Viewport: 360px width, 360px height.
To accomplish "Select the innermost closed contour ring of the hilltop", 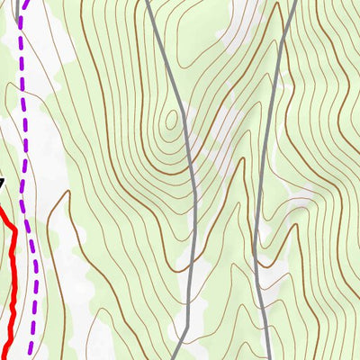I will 172,120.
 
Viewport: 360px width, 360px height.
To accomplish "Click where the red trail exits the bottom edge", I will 5,358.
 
